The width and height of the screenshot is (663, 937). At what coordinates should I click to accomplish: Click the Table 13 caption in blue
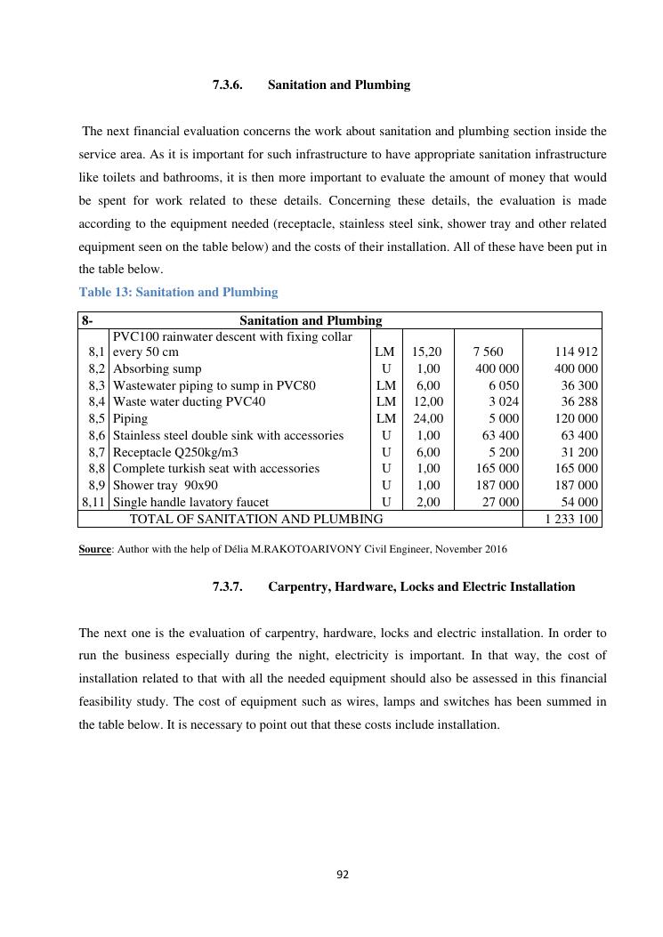(178, 292)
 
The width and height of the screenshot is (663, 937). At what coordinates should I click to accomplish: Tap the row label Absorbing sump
(157, 368)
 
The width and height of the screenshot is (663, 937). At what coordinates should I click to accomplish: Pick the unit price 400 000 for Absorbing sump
(497, 368)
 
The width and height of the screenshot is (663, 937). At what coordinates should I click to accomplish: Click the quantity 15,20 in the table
(427, 351)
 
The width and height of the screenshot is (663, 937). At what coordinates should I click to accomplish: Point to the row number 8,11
(93, 502)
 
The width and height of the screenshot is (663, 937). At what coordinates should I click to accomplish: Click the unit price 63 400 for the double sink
(500, 435)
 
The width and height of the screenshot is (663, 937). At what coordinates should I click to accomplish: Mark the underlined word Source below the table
(94, 549)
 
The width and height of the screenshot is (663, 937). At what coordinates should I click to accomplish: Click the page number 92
(343, 875)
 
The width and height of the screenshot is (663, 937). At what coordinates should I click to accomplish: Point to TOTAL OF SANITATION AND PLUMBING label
(256, 519)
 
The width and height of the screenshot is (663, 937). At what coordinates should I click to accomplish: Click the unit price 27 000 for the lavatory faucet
(500, 502)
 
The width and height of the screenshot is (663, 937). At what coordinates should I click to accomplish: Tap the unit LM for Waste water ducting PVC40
(385, 401)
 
